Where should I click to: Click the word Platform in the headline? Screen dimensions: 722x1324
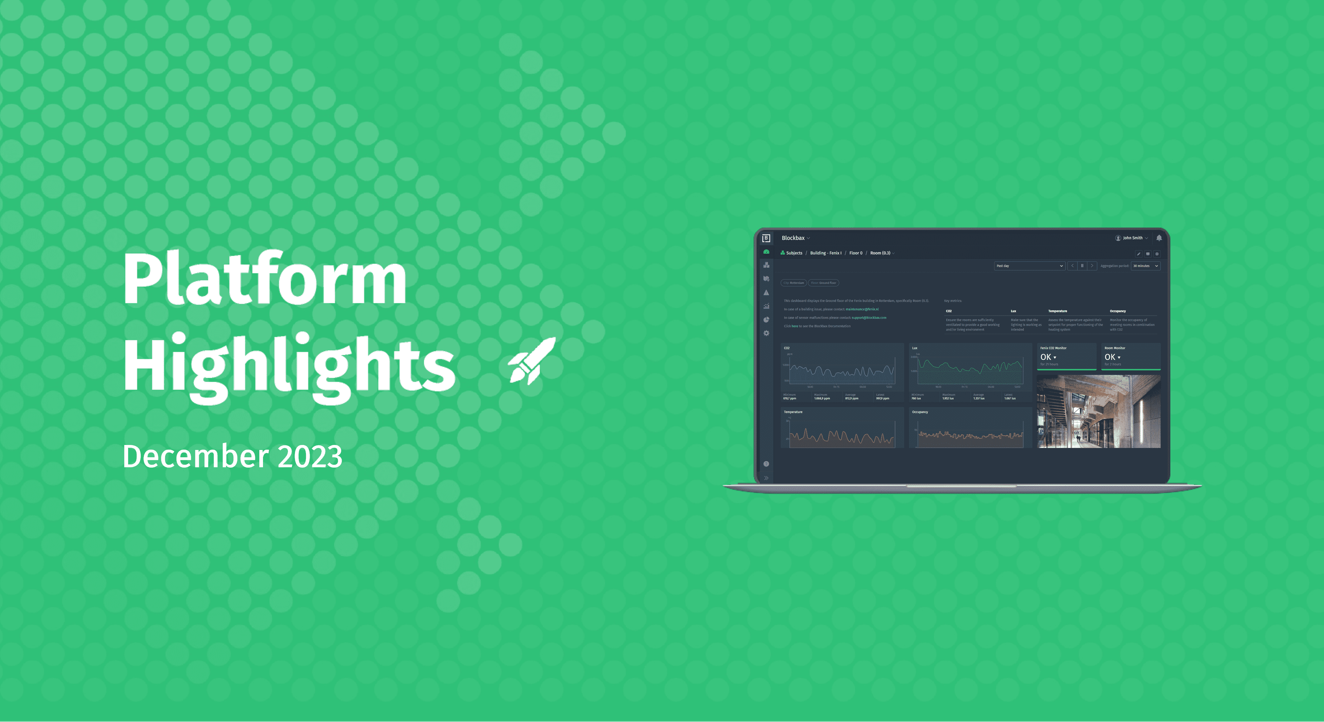click(x=265, y=280)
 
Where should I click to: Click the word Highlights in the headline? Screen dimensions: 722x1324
click(x=289, y=365)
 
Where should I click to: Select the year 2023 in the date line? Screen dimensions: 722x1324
click(x=310, y=457)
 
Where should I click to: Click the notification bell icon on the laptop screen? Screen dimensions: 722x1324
click(x=1159, y=238)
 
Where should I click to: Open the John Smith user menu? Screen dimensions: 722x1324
click(x=1132, y=238)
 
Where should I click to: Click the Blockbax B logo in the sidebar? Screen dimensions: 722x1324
click(x=766, y=238)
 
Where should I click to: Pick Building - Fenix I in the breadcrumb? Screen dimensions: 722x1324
click(x=825, y=253)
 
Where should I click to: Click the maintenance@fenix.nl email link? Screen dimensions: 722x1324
click(x=862, y=309)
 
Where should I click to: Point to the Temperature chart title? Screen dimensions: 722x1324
click(x=793, y=412)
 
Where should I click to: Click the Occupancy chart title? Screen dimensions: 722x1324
click(x=920, y=412)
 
